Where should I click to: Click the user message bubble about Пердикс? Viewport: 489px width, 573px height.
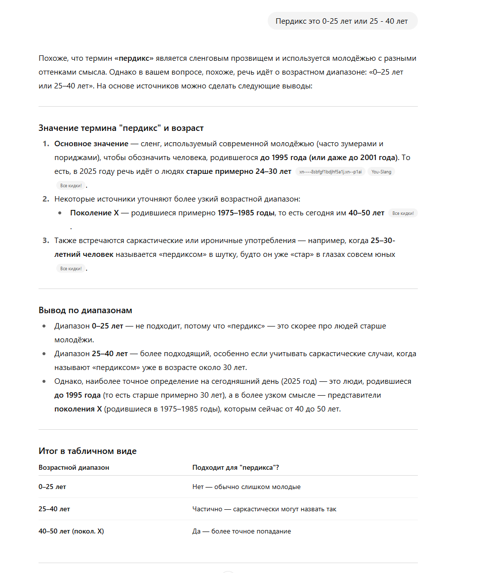(x=342, y=21)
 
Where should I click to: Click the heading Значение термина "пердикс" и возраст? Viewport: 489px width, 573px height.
(x=121, y=128)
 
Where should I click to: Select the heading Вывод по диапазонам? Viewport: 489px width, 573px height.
(x=85, y=310)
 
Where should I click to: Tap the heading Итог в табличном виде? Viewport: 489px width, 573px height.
(x=87, y=450)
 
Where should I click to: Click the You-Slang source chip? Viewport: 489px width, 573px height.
(x=381, y=172)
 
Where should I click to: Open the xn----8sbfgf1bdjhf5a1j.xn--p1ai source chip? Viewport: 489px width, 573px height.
(x=330, y=172)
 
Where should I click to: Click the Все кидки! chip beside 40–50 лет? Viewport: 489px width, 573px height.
(x=403, y=213)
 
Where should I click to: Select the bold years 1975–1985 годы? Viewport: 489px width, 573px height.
(x=246, y=213)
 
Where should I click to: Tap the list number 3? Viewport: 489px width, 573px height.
(x=45, y=241)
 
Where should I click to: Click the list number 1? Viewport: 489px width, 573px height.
(x=45, y=144)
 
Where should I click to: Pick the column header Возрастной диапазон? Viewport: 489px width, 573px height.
(x=74, y=467)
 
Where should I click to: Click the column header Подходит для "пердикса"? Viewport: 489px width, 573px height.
(x=236, y=467)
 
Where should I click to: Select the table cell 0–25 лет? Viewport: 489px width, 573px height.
(x=52, y=487)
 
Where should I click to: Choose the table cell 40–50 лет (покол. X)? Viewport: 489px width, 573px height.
(x=71, y=531)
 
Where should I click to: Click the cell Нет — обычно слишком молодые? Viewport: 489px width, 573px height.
(x=246, y=487)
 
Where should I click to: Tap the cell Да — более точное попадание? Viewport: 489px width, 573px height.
(x=242, y=531)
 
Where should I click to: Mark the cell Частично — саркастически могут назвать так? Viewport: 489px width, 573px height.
(x=264, y=509)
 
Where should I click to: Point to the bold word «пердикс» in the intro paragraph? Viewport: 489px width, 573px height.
(x=134, y=58)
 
